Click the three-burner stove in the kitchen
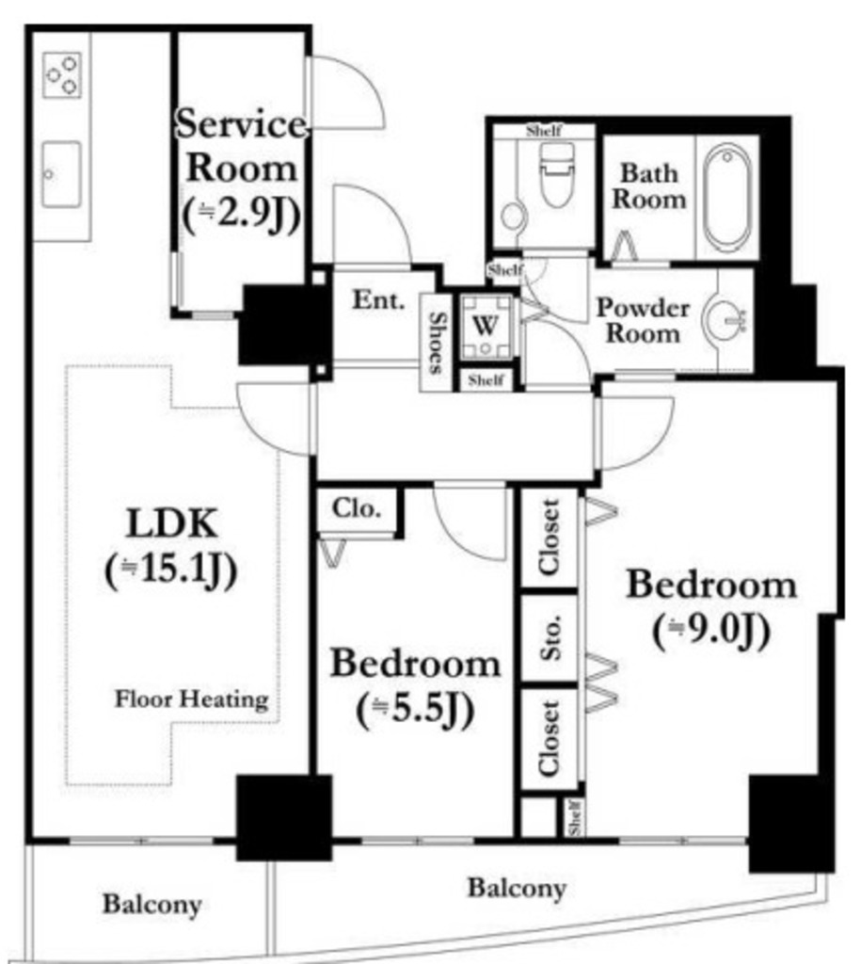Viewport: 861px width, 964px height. click(x=61, y=75)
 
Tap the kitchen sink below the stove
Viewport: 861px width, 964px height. click(x=61, y=174)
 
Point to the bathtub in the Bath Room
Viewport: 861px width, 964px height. click(x=727, y=198)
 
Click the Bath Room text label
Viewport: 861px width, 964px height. click(x=649, y=186)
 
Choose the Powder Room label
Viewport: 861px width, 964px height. click(x=643, y=320)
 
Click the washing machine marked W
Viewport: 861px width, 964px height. click(x=486, y=325)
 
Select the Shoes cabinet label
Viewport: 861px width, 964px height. click(x=436, y=343)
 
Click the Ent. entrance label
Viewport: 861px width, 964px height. click(x=378, y=300)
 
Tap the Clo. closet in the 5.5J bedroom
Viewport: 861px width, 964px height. click(x=357, y=509)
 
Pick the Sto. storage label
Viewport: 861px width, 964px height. click(x=550, y=637)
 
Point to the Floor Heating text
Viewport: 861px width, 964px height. click(x=192, y=699)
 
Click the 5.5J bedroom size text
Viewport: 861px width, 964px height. click(x=416, y=710)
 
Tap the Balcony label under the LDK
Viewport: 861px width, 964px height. click(x=151, y=905)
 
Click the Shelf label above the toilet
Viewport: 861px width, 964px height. click(x=544, y=130)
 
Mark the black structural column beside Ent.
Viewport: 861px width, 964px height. click(x=284, y=325)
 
